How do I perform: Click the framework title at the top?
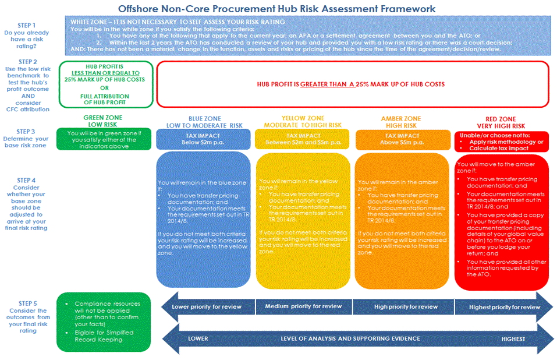click(276, 9)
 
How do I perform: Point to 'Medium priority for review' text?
click(303, 306)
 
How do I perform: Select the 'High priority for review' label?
click(403, 306)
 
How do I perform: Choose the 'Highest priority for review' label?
click(501, 306)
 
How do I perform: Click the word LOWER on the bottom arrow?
click(198, 338)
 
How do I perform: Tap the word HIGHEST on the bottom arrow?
click(513, 338)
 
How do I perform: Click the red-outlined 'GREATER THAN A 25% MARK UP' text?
click(351, 84)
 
